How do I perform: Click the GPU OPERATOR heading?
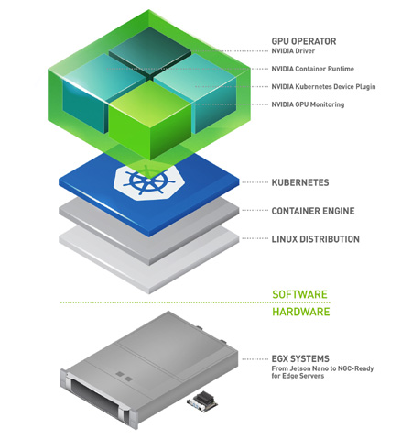click(304, 41)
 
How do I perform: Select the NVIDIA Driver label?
click(293, 51)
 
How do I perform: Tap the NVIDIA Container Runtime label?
click(313, 69)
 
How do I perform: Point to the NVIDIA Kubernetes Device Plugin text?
click(323, 87)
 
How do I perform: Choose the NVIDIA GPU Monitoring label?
click(308, 104)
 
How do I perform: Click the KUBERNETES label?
click(300, 182)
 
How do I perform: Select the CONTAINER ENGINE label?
click(313, 211)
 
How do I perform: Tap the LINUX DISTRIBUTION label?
click(316, 239)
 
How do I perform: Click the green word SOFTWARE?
click(300, 294)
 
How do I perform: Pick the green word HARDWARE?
click(301, 312)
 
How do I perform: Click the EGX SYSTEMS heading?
click(300, 358)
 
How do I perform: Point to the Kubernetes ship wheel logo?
click(149, 182)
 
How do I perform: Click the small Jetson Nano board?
click(202, 402)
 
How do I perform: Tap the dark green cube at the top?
click(150, 49)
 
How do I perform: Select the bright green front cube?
click(150, 120)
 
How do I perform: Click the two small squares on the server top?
click(125, 377)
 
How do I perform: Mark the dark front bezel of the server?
click(94, 396)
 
